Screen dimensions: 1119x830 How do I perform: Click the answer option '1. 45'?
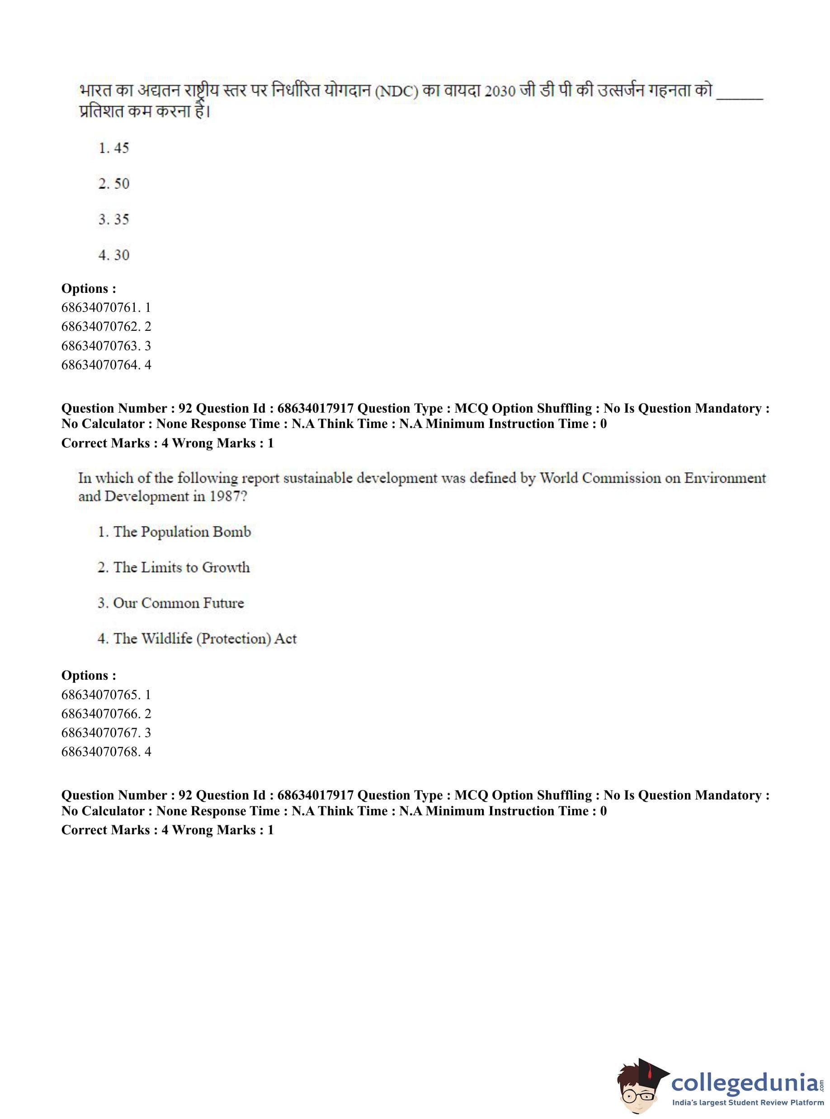coord(113,148)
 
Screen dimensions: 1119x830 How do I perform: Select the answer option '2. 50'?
coord(113,183)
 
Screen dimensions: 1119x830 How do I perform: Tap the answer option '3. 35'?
coord(113,219)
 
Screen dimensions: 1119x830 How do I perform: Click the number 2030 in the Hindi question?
coord(500,92)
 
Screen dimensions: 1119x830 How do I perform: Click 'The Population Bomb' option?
coord(174,531)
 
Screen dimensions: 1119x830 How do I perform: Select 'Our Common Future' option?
coord(171,603)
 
